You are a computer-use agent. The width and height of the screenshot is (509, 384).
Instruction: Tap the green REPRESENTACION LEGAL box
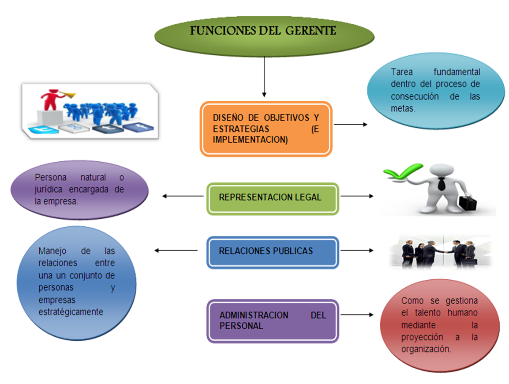273,198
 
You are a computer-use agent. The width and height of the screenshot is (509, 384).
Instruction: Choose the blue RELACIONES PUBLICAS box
273,252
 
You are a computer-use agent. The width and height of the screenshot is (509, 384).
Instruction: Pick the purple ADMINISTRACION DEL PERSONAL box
273,321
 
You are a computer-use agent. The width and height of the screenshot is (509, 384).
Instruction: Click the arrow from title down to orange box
264,77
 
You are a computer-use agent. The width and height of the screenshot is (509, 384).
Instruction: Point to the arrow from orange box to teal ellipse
350,125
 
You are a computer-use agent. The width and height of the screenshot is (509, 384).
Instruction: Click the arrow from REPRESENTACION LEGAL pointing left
183,196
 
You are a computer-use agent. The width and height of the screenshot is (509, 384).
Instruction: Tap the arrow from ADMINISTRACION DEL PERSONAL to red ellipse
356,315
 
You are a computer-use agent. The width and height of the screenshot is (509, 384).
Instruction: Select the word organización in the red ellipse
426,349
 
